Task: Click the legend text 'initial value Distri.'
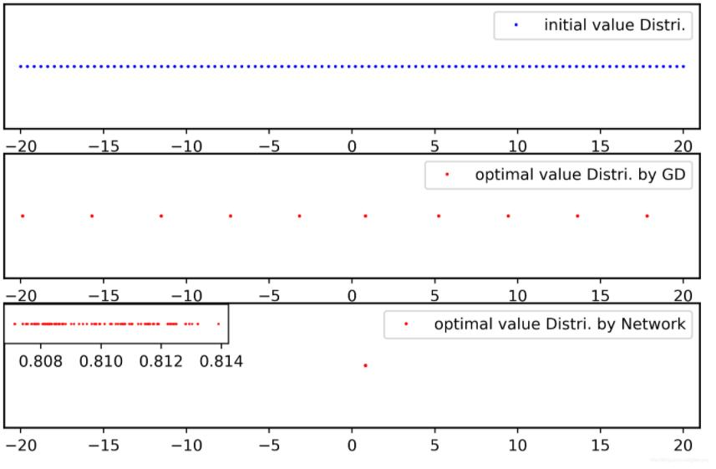tap(614, 26)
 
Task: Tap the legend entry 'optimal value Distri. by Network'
tap(562, 324)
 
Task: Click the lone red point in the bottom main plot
tap(365, 365)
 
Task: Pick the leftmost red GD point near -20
tap(23, 216)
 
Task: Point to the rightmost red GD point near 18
tap(647, 216)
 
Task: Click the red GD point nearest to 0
tap(365, 216)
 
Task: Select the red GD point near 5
tap(438, 216)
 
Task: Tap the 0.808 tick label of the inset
tap(40, 362)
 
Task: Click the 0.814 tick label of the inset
tap(221, 362)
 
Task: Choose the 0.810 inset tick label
tap(101, 362)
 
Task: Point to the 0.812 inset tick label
tap(161, 362)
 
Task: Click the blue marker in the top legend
tap(515, 26)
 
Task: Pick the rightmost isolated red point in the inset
tap(219, 324)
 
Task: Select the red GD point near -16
tap(92, 216)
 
